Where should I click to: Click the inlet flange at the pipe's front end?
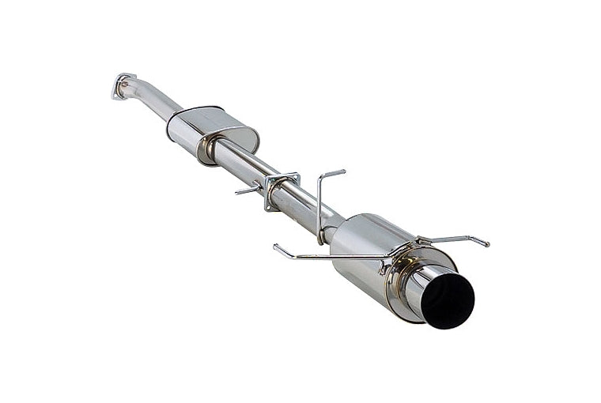coord(123,85)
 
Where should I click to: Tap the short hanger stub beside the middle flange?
coord(248,190)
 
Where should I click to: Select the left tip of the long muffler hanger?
coord(276,247)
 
